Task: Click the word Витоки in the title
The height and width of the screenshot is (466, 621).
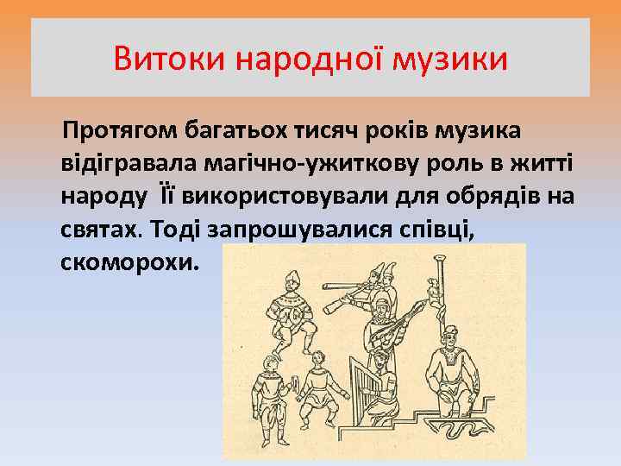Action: coord(169,60)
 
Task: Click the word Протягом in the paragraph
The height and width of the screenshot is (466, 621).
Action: coord(116,130)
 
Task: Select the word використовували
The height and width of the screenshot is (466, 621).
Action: coord(279,196)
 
